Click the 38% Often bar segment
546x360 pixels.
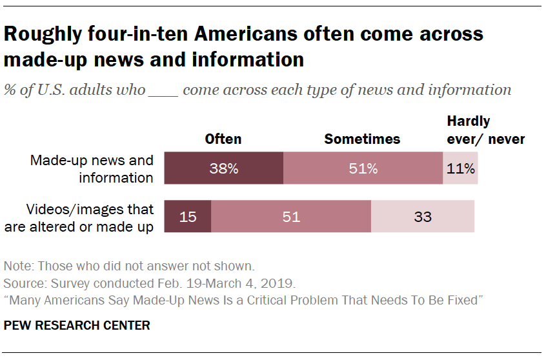(x=223, y=169)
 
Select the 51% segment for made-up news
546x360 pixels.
(x=363, y=169)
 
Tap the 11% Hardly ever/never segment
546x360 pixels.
(x=461, y=169)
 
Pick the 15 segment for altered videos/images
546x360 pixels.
(x=188, y=217)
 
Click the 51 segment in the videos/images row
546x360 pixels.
(x=291, y=217)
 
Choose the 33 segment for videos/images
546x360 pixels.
(x=423, y=217)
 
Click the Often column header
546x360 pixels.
(x=223, y=139)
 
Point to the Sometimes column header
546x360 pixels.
(x=362, y=139)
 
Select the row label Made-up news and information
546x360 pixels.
(x=92, y=168)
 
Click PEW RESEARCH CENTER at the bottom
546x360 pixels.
(x=77, y=325)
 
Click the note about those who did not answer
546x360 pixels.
(x=129, y=265)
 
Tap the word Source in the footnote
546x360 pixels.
(x=21, y=283)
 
